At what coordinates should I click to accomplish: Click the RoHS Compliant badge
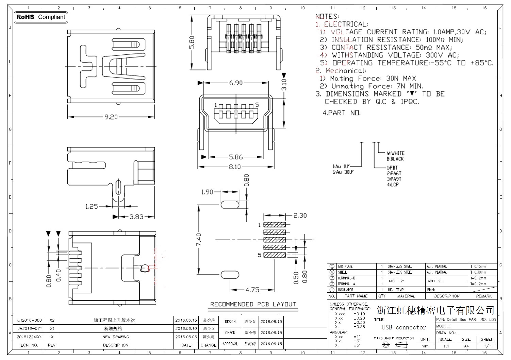[x=41, y=17]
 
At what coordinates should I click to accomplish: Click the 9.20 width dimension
[x=111, y=117]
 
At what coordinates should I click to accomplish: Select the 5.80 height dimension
[x=192, y=42]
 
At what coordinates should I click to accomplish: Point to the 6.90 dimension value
[x=236, y=83]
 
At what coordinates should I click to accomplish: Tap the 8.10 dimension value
[x=235, y=167]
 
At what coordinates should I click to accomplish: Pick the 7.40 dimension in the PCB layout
[x=199, y=239]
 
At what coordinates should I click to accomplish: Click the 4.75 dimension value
[x=252, y=290]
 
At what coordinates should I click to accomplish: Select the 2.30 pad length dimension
[x=300, y=216]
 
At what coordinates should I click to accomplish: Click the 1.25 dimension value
[x=92, y=206]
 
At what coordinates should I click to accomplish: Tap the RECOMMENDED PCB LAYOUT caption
[x=253, y=304]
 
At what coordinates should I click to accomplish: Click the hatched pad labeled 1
[x=275, y=225]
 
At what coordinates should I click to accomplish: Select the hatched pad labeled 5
[x=275, y=255]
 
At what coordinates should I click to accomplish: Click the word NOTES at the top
[x=327, y=16]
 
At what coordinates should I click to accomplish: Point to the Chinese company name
[x=435, y=310]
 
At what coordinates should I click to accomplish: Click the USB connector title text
[x=404, y=327]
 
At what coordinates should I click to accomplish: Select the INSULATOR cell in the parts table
[x=345, y=290]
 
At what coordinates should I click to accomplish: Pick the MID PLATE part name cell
[x=345, y=267]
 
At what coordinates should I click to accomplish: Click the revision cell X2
[x=52, y=320]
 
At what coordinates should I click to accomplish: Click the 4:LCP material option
[x=393, y=185]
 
